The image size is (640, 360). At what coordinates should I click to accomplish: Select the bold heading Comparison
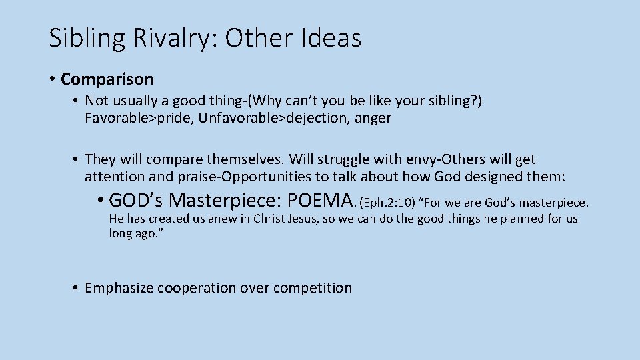tap(107, 79)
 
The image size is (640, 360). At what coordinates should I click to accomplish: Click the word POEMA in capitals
tap(321, 200)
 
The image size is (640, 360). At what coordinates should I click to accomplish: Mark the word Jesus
tap(319, 219)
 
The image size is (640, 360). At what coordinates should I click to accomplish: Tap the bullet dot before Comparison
tap(52, 79)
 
